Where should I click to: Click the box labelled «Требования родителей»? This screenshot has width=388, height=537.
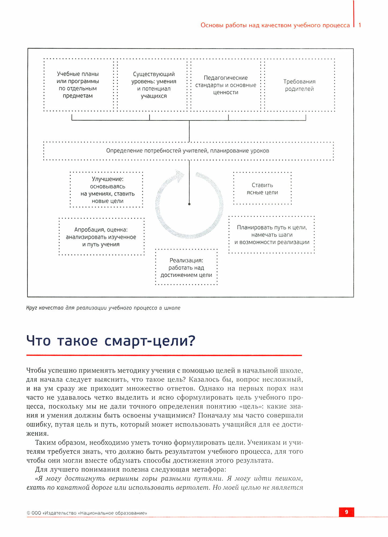[299, 85]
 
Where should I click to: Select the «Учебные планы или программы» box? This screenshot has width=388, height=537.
[78, 85]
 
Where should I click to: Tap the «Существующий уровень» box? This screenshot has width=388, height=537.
[154, 85]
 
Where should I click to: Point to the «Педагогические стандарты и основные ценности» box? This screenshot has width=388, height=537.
[226, 85]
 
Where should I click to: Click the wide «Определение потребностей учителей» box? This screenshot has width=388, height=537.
[188, 151]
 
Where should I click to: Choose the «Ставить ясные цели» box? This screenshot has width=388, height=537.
[262, 189]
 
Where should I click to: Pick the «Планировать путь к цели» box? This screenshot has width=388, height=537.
[272, 235]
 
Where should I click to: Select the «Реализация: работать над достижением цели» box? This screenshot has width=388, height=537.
[186, 267]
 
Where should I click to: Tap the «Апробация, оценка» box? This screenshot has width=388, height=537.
[101, 237]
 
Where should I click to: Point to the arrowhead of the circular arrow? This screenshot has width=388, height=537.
[179, 175]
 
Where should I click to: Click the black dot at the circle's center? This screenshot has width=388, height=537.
[189, 204]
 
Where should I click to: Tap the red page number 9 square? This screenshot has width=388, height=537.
[346, 512]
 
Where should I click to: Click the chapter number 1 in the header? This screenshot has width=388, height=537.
[360, 25]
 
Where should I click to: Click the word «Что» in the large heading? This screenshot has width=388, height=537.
[38, 341]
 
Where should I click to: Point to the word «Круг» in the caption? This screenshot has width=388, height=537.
[31, 308]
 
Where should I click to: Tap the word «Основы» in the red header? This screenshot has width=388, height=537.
[212, 25]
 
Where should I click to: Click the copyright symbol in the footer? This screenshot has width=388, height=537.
[28, 513]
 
